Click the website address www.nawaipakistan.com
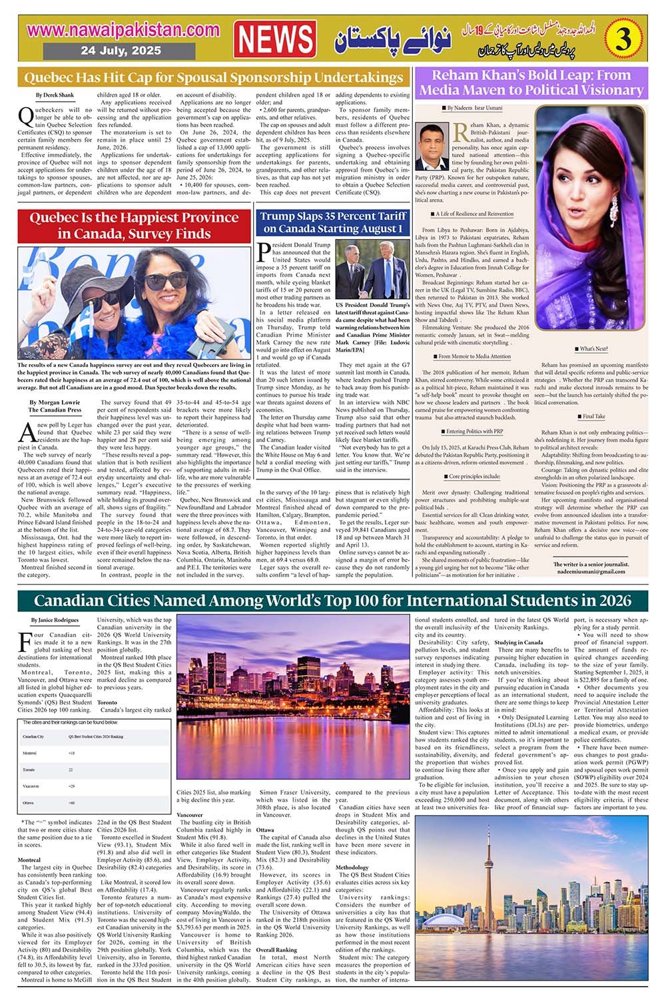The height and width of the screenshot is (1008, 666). coord(124,30)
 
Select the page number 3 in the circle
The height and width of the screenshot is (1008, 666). coord(623,40)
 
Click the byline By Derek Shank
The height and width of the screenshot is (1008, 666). coord(55,95)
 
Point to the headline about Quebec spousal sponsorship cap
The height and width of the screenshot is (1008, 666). coord(213,77)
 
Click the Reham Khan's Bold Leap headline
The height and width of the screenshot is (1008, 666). coord(531,83)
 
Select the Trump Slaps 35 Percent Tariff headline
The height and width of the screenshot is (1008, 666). coord(333,222)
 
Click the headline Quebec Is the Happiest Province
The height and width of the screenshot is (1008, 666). coord(134,226)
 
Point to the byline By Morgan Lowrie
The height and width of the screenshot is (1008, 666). coord(55,402)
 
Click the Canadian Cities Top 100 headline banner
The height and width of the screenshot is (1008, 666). coord(332,601)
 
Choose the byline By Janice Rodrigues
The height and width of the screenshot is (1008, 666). coord(55,620)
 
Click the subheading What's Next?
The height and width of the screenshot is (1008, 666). coord(592,349)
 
